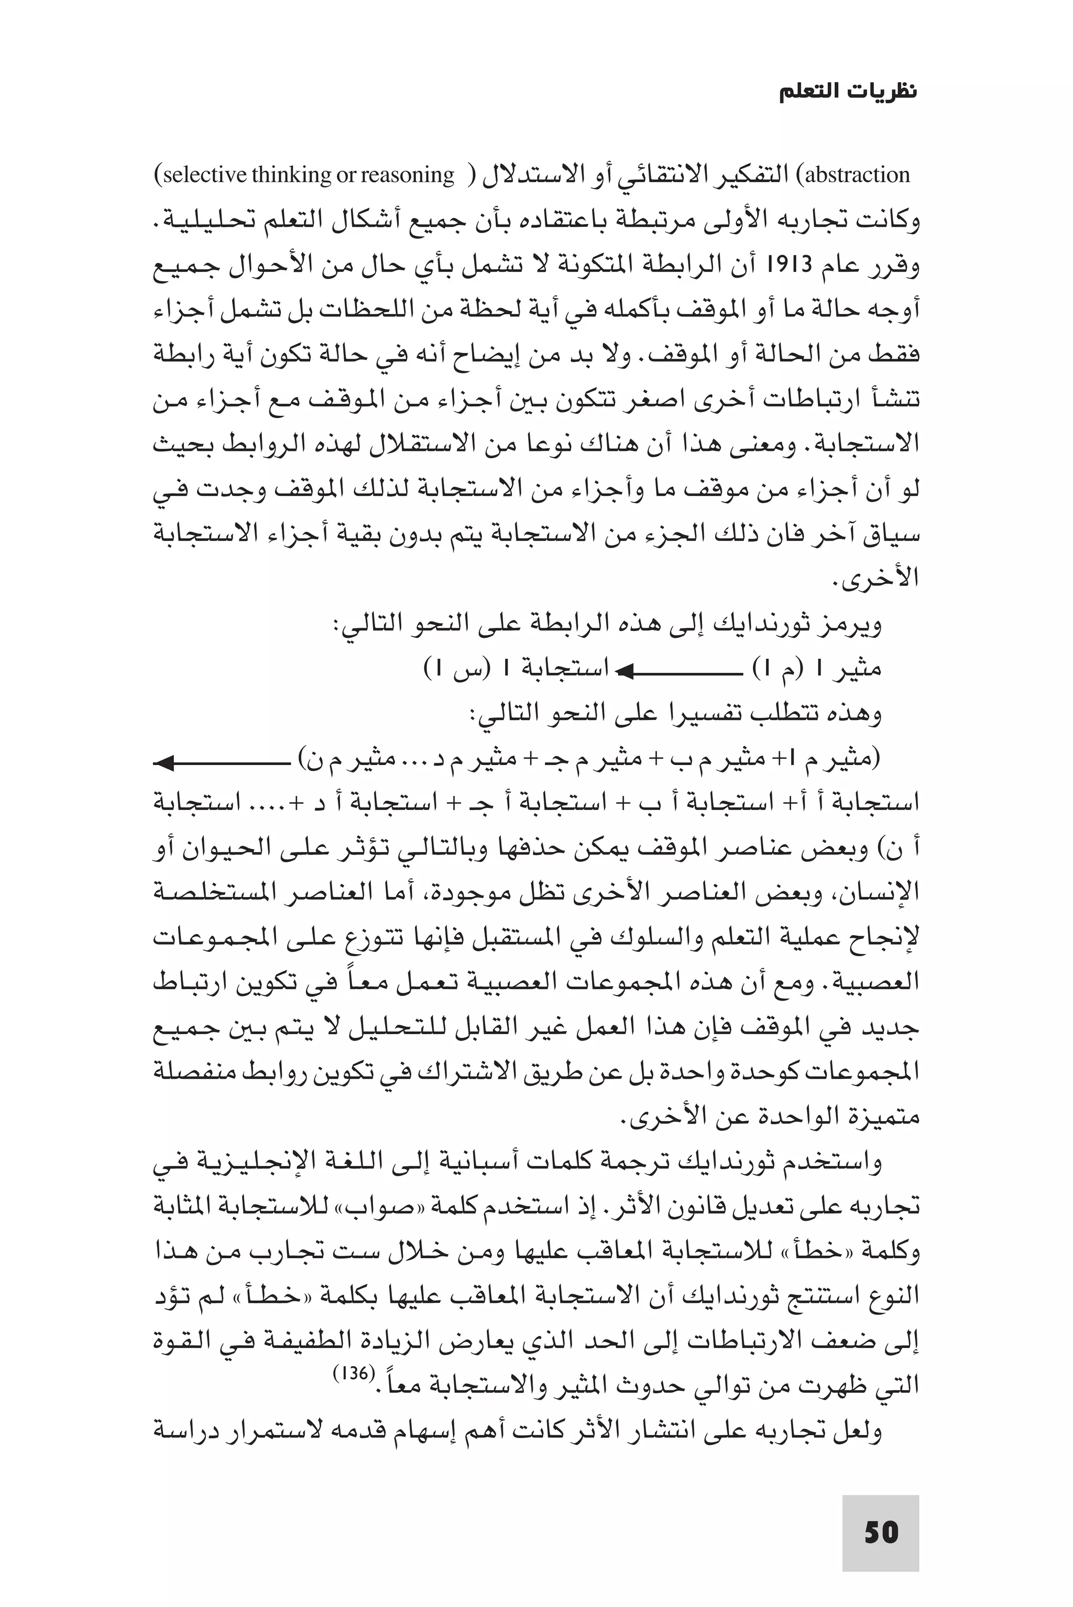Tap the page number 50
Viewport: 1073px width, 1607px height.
click(880, 1533)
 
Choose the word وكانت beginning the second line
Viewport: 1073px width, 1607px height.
click(888, 221)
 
